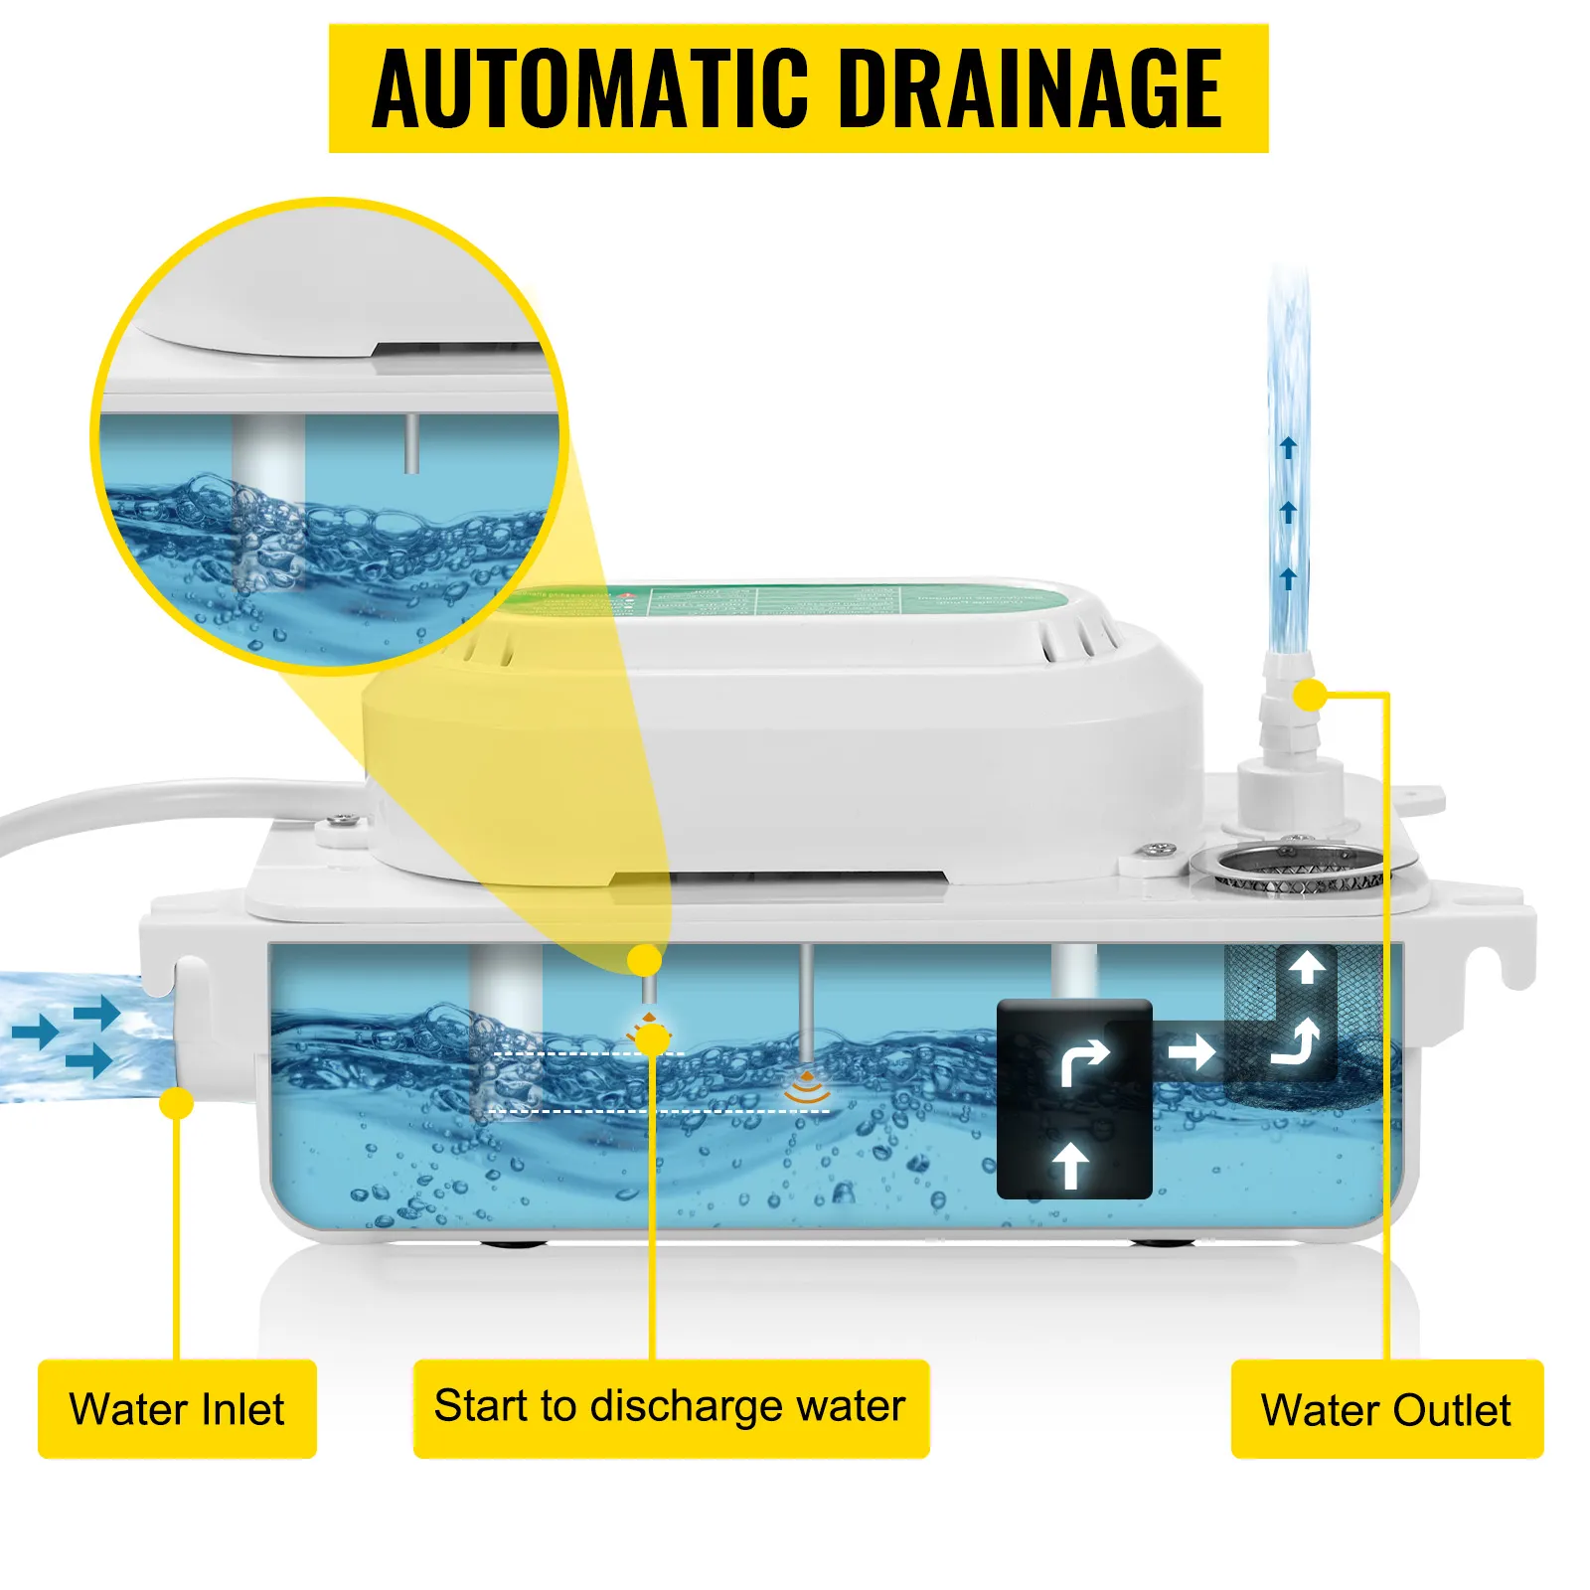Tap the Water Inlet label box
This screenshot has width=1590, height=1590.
click(x=177, y=1409)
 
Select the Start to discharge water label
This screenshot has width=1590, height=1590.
click(x=671, y=1407)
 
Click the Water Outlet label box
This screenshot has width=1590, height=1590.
click(x=1386, y=1409)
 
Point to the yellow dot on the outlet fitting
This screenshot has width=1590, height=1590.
click(x=1310, y=695)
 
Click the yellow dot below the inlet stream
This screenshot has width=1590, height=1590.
click(x=177, y=1102)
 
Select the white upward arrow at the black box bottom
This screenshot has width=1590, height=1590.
click(x=1070, y=1164)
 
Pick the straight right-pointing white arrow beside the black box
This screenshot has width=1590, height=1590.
click(x=1192, y=1050)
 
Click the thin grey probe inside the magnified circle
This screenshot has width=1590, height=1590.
click(x=410, y=443)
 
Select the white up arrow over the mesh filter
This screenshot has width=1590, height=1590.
click(x=1306, y=965)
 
